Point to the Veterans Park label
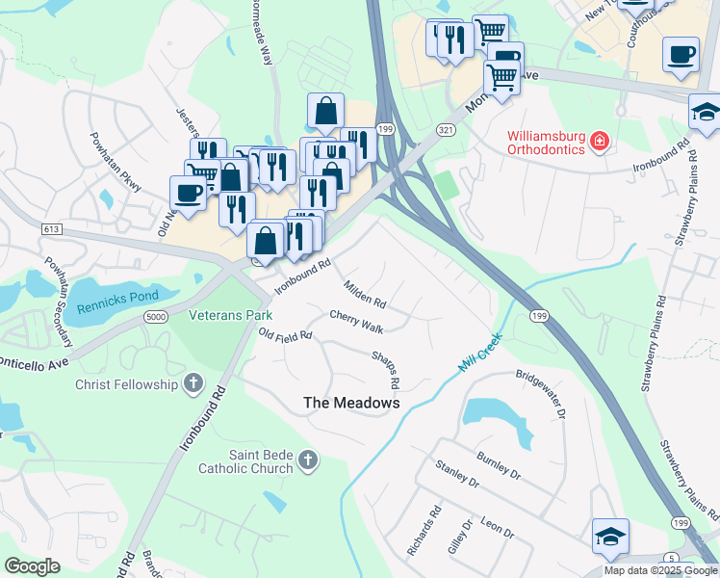230,315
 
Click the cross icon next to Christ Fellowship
193,384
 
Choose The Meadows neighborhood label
351,403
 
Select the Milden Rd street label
366,295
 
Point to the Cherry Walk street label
357,322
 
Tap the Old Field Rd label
286,334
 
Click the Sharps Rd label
386,370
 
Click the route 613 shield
53,228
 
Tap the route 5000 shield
154,317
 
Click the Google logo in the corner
32,566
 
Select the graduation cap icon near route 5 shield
610,536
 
